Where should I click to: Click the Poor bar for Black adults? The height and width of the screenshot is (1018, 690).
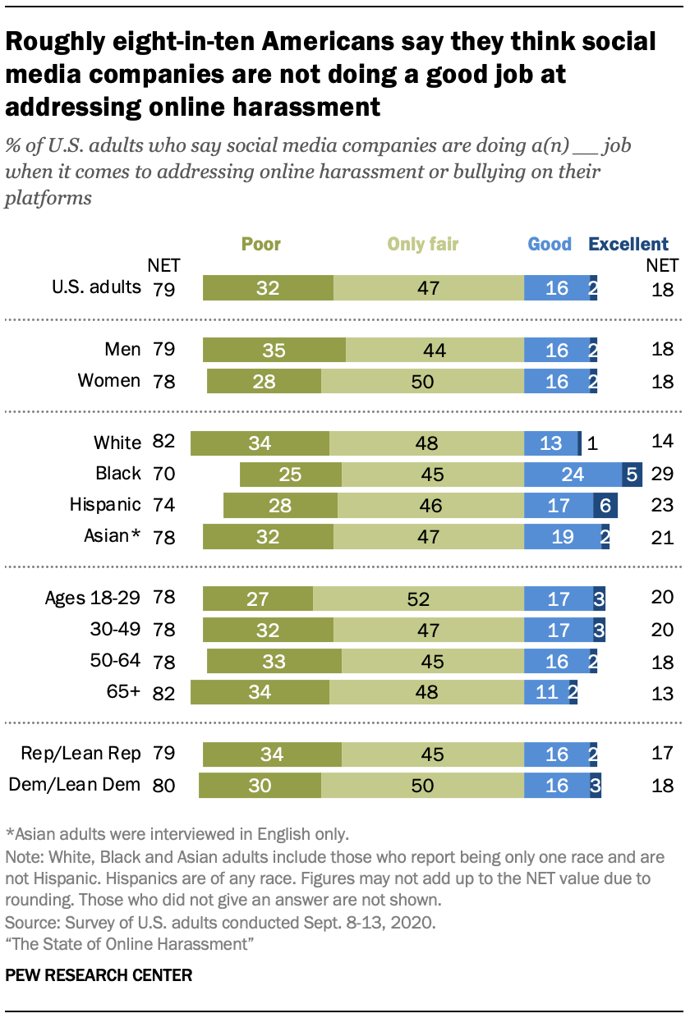pos(290,474)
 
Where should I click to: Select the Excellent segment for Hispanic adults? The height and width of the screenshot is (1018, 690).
pos(605,505)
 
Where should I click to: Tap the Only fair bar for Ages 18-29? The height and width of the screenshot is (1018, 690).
pos(418,598)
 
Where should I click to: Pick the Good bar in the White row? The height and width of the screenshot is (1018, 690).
pos(550,443)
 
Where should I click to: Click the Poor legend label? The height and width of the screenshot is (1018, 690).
pos(261,244)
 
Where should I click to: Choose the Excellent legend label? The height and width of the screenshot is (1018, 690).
pos(628,244)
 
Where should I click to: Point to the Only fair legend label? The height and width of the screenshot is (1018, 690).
pos(423,244)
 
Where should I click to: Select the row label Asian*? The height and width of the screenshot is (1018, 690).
pos(111,536)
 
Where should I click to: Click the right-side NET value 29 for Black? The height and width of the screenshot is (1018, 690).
pos(662,474)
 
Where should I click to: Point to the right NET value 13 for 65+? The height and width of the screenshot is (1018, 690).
pos(662,692)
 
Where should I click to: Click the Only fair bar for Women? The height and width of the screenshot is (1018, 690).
pos(422,380)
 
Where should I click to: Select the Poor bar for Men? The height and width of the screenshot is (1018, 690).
pos(274,349)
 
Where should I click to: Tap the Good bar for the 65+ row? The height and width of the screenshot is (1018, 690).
pos(545,692)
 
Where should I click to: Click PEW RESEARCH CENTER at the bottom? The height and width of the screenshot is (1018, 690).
pos(99,975)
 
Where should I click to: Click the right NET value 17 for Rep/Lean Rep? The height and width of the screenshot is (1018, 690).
pos(662,754)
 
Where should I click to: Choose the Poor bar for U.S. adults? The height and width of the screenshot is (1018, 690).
pos(268,287)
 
